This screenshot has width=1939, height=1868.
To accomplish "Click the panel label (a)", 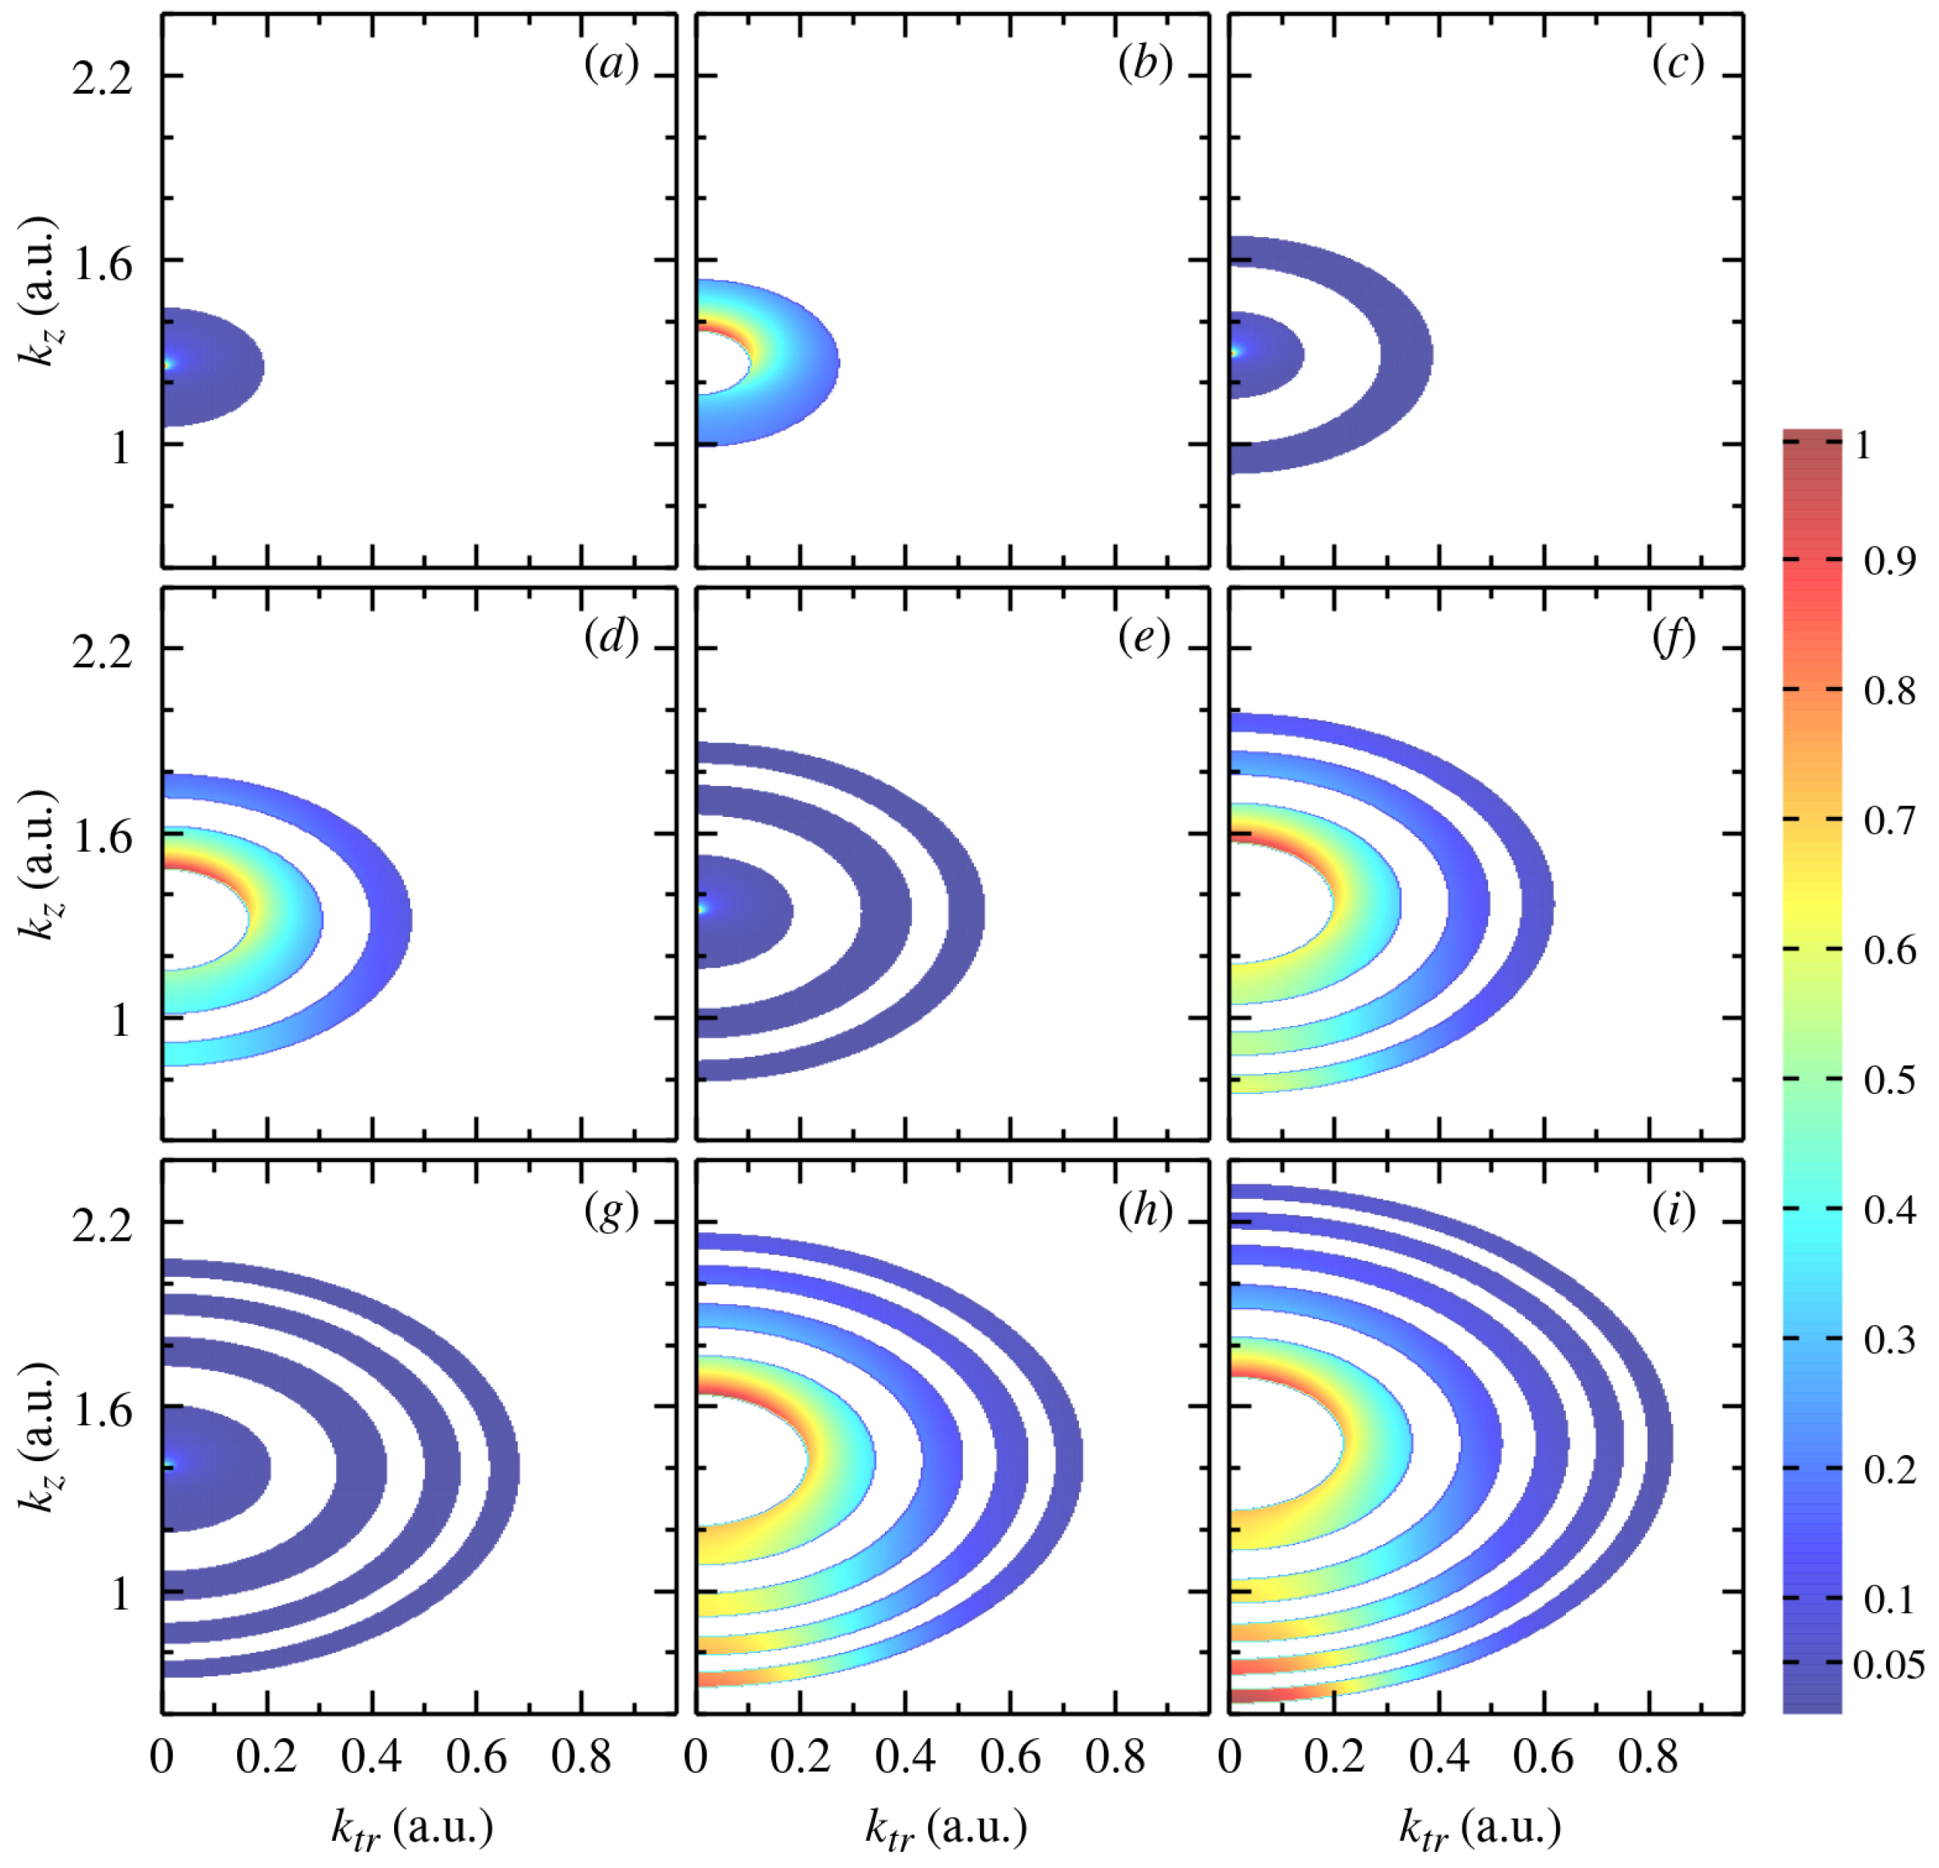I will point(612,65).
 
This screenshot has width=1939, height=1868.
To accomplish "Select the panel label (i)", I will point(1674,1211).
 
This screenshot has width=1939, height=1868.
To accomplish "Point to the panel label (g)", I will point(612,1211).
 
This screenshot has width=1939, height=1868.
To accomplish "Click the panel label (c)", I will point(1678,65).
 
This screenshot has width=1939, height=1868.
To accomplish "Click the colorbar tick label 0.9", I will point(1889,562).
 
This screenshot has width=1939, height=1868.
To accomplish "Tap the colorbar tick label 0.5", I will point(1889,1080).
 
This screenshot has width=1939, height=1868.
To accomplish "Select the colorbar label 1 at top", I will point(1863,446).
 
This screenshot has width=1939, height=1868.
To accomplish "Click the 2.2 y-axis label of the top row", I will point(102,77).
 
